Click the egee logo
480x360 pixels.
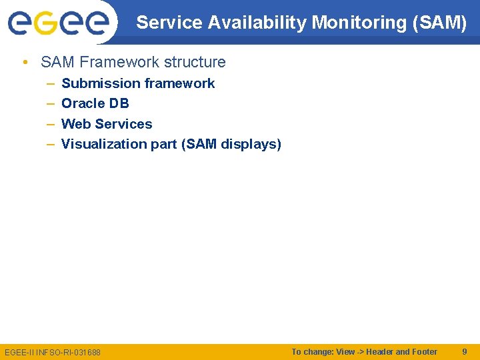tap(58, 21)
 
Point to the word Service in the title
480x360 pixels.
tap(169, 23)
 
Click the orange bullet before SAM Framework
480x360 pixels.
tap(25, 63)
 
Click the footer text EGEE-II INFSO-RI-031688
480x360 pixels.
tap(53, 352)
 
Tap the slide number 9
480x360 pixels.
tap(465, 351)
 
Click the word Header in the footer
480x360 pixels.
tap(379, 351)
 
